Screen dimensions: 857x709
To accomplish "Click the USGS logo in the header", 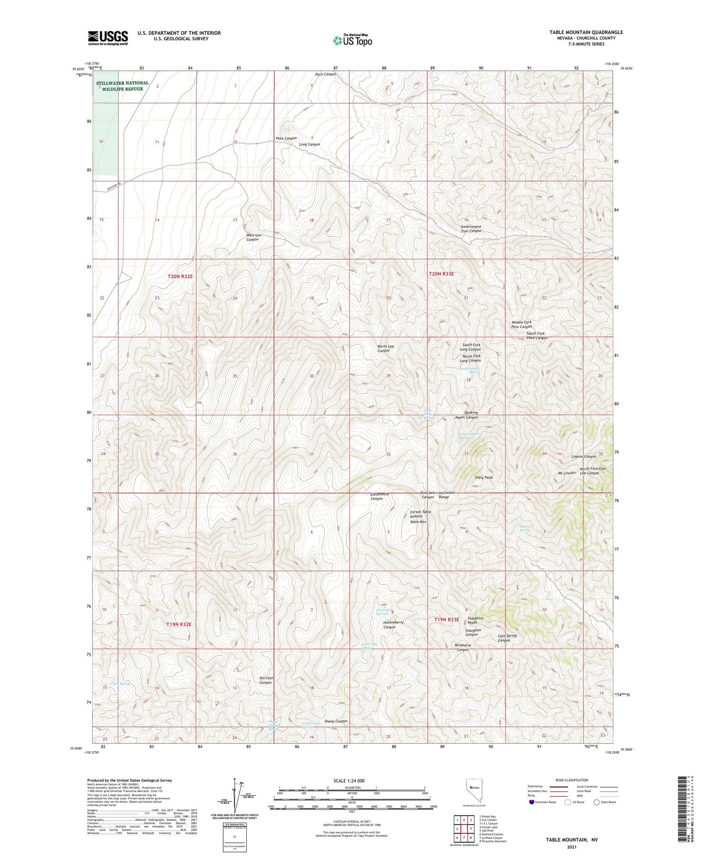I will click(108, 38).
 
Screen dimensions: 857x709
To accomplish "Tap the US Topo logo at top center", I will click(352, 40).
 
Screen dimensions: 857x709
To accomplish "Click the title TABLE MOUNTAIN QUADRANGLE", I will click(586, 32).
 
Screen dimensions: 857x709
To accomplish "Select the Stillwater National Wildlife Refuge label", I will click(122, 86).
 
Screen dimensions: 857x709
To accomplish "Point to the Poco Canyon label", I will click(325, 74).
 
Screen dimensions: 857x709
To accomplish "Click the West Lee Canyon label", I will click(253, 237).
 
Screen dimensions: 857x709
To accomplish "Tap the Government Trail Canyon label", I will click(471, 229).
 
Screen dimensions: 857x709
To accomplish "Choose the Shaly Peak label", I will click(483, 477).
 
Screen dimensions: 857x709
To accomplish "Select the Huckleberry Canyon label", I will click(393, 624).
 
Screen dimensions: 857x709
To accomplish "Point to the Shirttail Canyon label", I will click(266, 680).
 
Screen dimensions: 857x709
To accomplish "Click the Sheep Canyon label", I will click(336, 721).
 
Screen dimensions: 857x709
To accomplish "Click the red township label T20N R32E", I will click(180, 276).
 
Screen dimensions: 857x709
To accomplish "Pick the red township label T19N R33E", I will click(446, 619).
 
